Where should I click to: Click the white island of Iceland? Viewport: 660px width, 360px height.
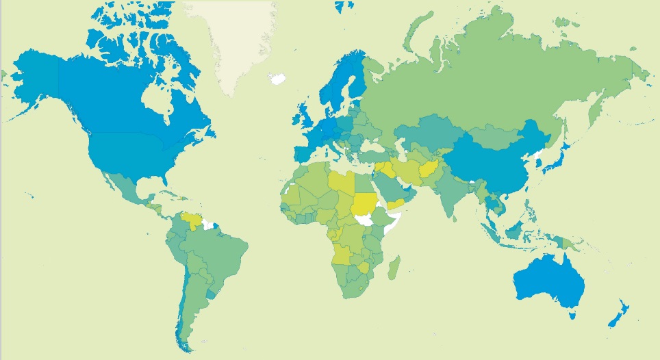[277, 79]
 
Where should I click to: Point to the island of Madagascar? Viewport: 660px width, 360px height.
[394, 268]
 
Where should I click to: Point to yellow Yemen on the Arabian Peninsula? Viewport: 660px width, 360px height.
[396, 205]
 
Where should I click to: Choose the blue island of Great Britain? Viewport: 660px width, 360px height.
[303, 116]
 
